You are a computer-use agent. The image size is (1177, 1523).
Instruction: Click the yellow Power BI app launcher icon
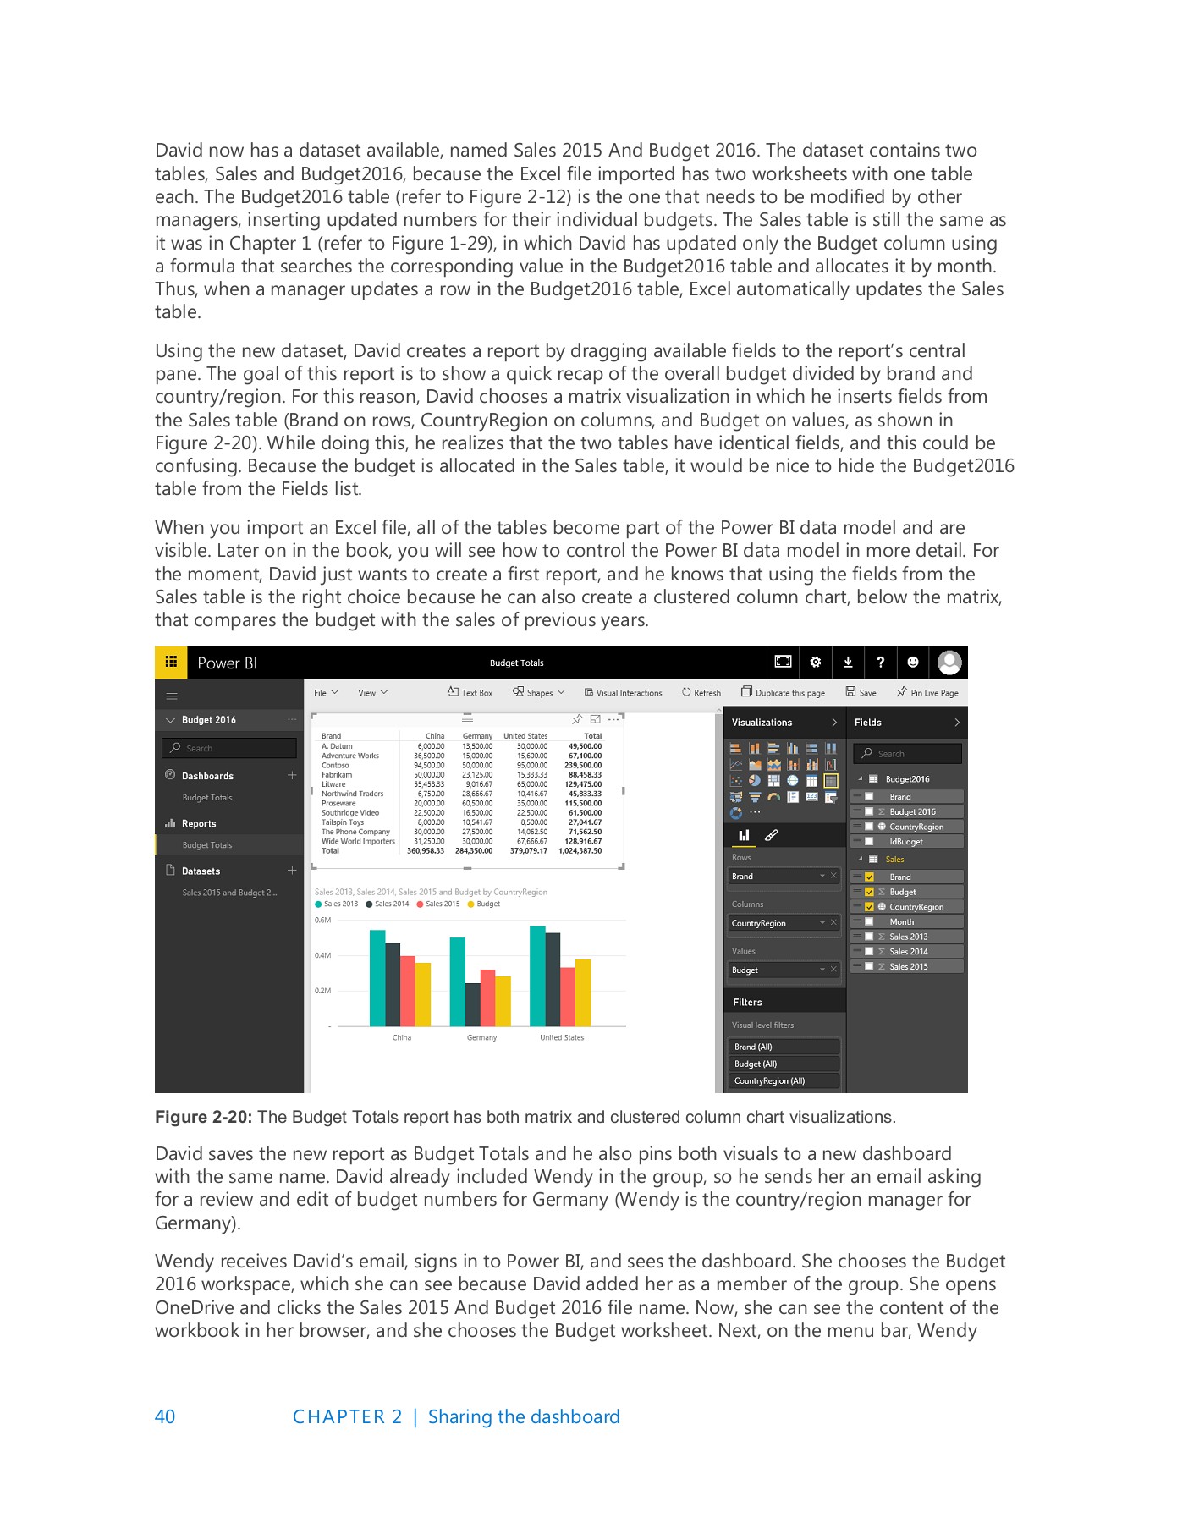click(x=171, y=662)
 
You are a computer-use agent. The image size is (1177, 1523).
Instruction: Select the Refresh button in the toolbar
click(x=701, y=692)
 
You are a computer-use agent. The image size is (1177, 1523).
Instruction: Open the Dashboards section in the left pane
click(x=207, y=776)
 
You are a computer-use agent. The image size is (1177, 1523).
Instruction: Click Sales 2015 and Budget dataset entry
click(x=229, y=893)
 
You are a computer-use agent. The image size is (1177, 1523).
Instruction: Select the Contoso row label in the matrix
click(x=335, y=765)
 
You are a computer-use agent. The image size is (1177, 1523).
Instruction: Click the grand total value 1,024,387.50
click(x=580, y=850)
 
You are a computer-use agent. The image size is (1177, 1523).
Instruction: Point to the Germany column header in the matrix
click(x=477, y=736)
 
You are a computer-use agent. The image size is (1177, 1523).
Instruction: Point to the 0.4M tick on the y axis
click(x=322, y=955)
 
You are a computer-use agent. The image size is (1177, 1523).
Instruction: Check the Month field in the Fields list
click(x=869, y=921)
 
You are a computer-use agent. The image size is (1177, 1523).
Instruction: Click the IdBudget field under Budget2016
click(x=905, y=841)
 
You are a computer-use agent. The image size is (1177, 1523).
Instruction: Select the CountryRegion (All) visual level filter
click(x=769, y=1080)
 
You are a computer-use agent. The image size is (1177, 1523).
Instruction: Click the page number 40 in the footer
click(x=165, y=1416)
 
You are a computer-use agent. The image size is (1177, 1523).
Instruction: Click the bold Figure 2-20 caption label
click(x=203, y=1117)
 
